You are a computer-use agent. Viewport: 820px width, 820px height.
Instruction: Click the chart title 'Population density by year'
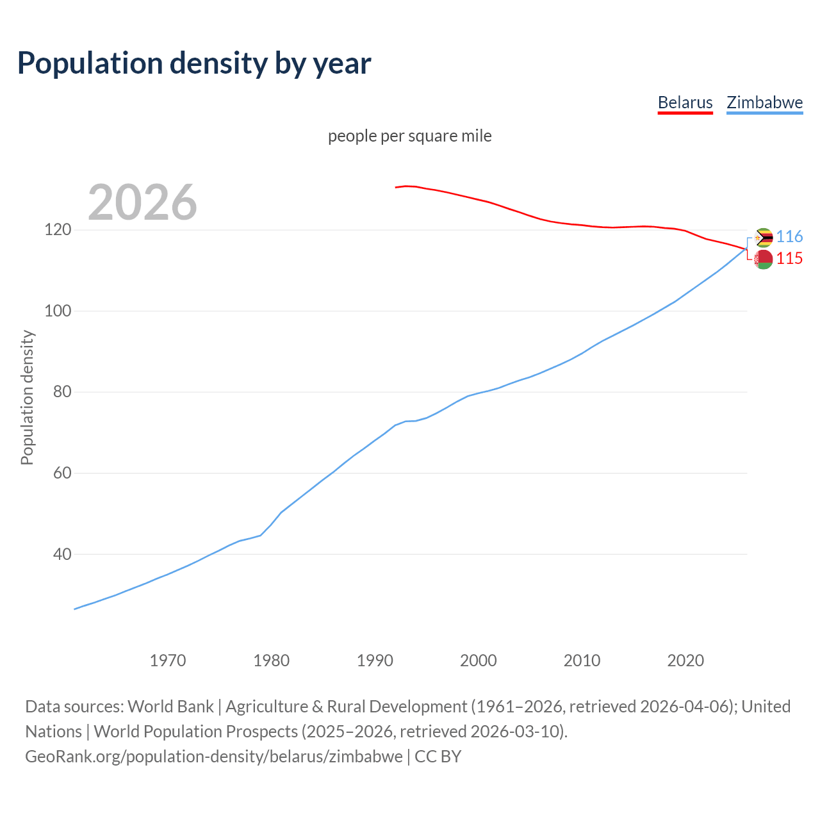(194, 63)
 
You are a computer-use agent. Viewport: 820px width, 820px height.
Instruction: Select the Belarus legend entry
(685, 102)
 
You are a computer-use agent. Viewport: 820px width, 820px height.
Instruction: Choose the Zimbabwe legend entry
(764, 102)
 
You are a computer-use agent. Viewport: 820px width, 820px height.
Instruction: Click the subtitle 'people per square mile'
(410, 136)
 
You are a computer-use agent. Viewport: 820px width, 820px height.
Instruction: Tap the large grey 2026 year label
(142, 202)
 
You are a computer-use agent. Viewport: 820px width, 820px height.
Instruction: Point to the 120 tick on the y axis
(58, 229)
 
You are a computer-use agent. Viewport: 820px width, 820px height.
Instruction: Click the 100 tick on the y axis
(58, 311)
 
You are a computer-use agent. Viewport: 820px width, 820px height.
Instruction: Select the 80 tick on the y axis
(61, 391)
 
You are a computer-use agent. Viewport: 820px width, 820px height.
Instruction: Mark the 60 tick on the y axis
(61, 473)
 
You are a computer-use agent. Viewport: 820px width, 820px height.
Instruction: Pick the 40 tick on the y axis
(61, 554)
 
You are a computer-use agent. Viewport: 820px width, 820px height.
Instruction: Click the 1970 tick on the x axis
(168, 660)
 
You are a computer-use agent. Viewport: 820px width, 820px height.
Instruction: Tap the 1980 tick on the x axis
(272, 660)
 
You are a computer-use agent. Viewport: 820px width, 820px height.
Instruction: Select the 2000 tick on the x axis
(479, 660)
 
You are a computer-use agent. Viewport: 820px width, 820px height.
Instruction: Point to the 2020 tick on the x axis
(685, 660)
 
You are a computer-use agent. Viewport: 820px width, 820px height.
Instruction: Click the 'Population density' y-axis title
(27, 397)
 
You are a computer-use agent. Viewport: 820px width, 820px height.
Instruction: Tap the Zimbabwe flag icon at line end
(764, 238)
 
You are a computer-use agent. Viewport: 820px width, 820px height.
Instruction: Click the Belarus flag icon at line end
(764, 259)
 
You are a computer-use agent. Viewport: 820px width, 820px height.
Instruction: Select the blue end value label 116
(789, 237)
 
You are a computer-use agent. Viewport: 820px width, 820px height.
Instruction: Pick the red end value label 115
(789, 258)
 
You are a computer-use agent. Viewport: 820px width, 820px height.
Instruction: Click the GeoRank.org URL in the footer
(214, 757)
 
